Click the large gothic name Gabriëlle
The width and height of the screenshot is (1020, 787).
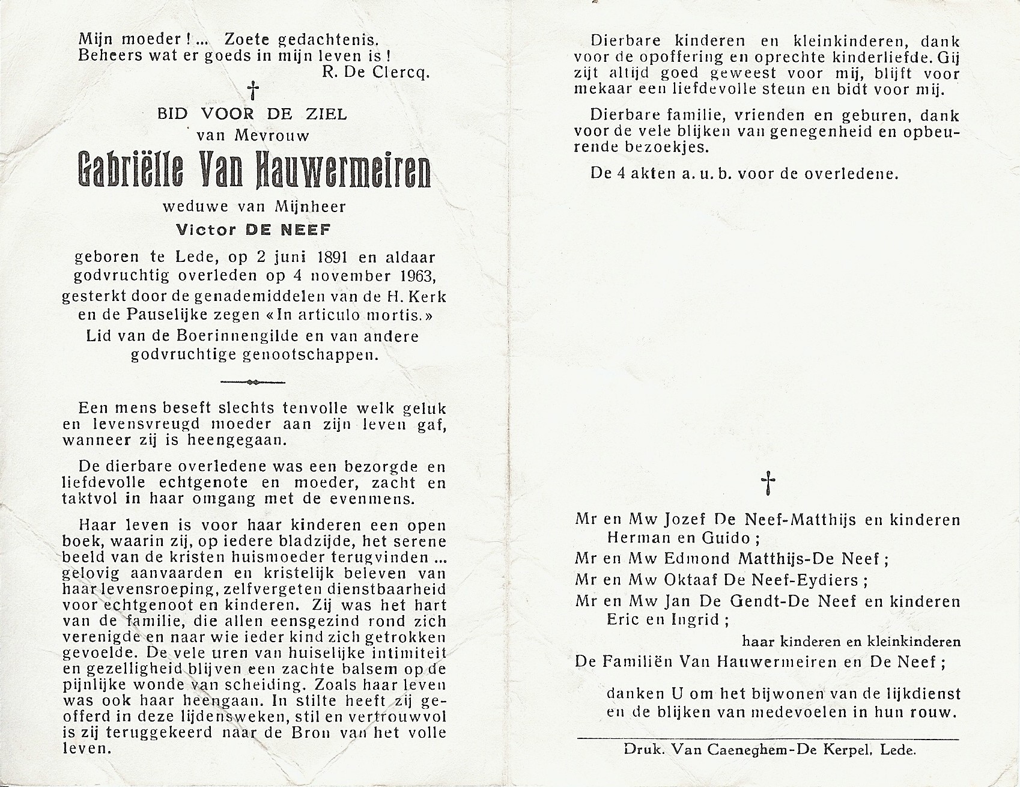[129, 172]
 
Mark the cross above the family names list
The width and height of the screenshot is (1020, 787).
[768, 483]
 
